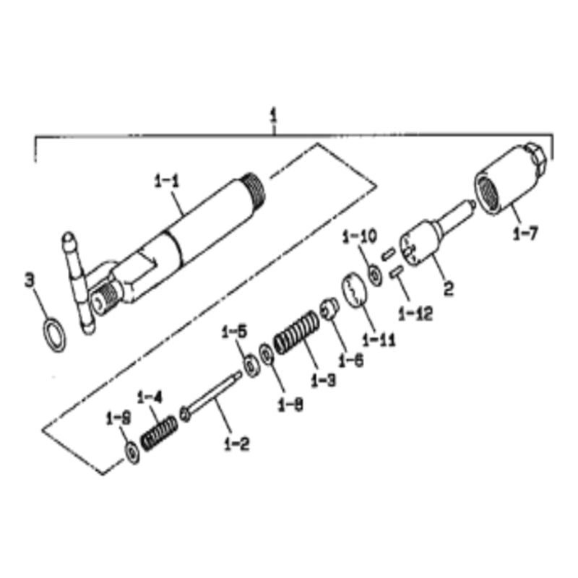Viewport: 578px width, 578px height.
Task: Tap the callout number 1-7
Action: point(525,234)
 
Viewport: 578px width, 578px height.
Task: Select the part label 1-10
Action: point(359,236)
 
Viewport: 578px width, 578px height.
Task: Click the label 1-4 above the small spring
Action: point(150,397)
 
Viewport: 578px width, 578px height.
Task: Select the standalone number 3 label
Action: point(30,279)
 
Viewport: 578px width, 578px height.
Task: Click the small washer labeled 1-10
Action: point(375,275)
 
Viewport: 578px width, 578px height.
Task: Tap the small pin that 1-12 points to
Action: point(396,272)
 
